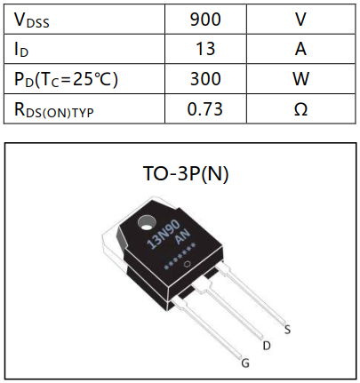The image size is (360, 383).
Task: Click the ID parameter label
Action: (x=22, y=49)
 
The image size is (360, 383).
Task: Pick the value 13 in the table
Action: (x=205, y=49)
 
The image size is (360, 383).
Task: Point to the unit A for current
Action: (x=300, y=49)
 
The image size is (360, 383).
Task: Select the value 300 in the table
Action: (x=205, y=79)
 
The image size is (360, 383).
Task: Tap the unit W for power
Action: (x=300, y=79)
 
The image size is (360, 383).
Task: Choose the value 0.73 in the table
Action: (x=205, y=109)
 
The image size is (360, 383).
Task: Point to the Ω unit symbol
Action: (x=300, y=109)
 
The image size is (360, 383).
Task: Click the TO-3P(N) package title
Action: (x=186, y=173)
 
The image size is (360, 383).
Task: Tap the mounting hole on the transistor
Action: (x=147, y=222)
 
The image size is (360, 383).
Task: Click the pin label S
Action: (x=287, y=329)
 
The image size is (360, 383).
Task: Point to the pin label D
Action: (x=266, y=344)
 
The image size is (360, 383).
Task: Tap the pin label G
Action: (x=245, y=363)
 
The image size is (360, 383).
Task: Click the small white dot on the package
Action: (x=186, y=264)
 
